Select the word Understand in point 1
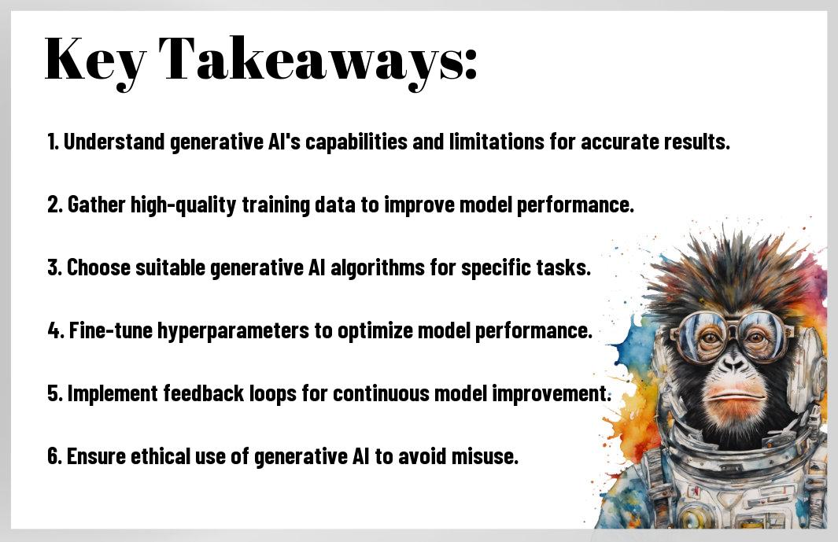pyautogui.click(x=114, y=142)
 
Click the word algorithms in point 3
pyautogui.click(x=378, y=267)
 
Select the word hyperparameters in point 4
pyautogui.click(x=233, y=331)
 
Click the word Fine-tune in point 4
pyautogui.click(x=110, y=331)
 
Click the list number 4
pyautogui.click(x=55, y=331)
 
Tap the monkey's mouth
pyautogui.click(x=736, y=396)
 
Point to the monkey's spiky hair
pyautogui.click(x=733, y=267)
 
